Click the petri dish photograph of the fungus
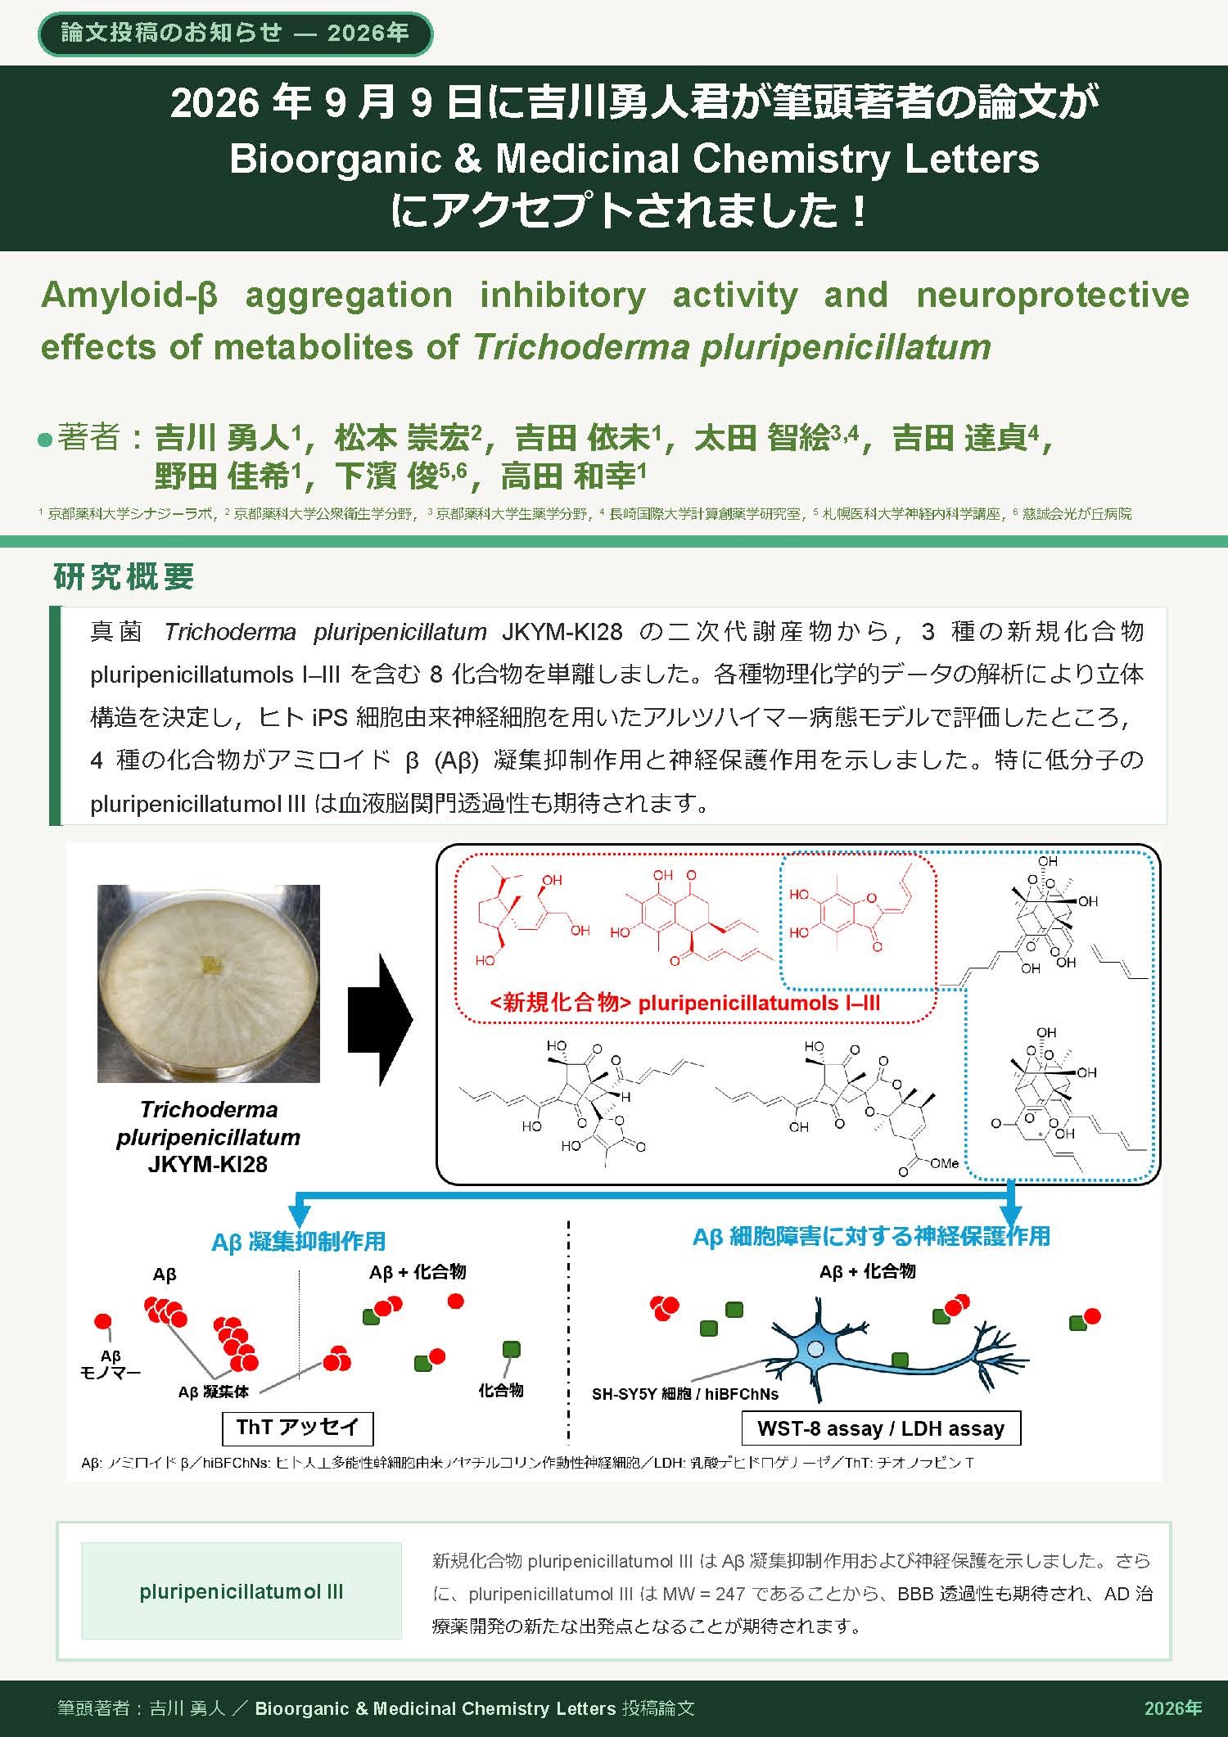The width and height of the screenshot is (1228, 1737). (208, 983)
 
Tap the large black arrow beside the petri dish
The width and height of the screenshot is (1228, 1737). (381, 1019)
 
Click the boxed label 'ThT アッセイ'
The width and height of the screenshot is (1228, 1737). (297, 1427)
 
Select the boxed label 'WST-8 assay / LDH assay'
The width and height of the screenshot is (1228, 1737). (881, 1428)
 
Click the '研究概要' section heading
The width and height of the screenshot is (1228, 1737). (124, 576)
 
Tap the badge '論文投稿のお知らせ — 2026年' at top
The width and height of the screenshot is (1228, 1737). (235, 34)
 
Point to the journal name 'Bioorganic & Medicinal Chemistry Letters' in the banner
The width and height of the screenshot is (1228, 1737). (634, 158)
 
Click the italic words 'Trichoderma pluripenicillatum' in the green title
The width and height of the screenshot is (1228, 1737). (732, 347)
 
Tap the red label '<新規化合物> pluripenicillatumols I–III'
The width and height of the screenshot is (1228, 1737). (685, 1003)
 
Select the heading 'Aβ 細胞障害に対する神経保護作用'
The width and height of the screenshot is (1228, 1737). (871, 1236)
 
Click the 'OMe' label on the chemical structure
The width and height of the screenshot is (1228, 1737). (944, 1162)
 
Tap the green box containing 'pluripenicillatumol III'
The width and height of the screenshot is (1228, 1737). (242, 1592)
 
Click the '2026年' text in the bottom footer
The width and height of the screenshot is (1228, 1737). (1173, 1708)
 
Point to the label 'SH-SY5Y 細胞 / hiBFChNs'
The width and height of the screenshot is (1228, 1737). (685, 1393)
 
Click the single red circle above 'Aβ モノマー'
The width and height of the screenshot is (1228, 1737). (104, 1322)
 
